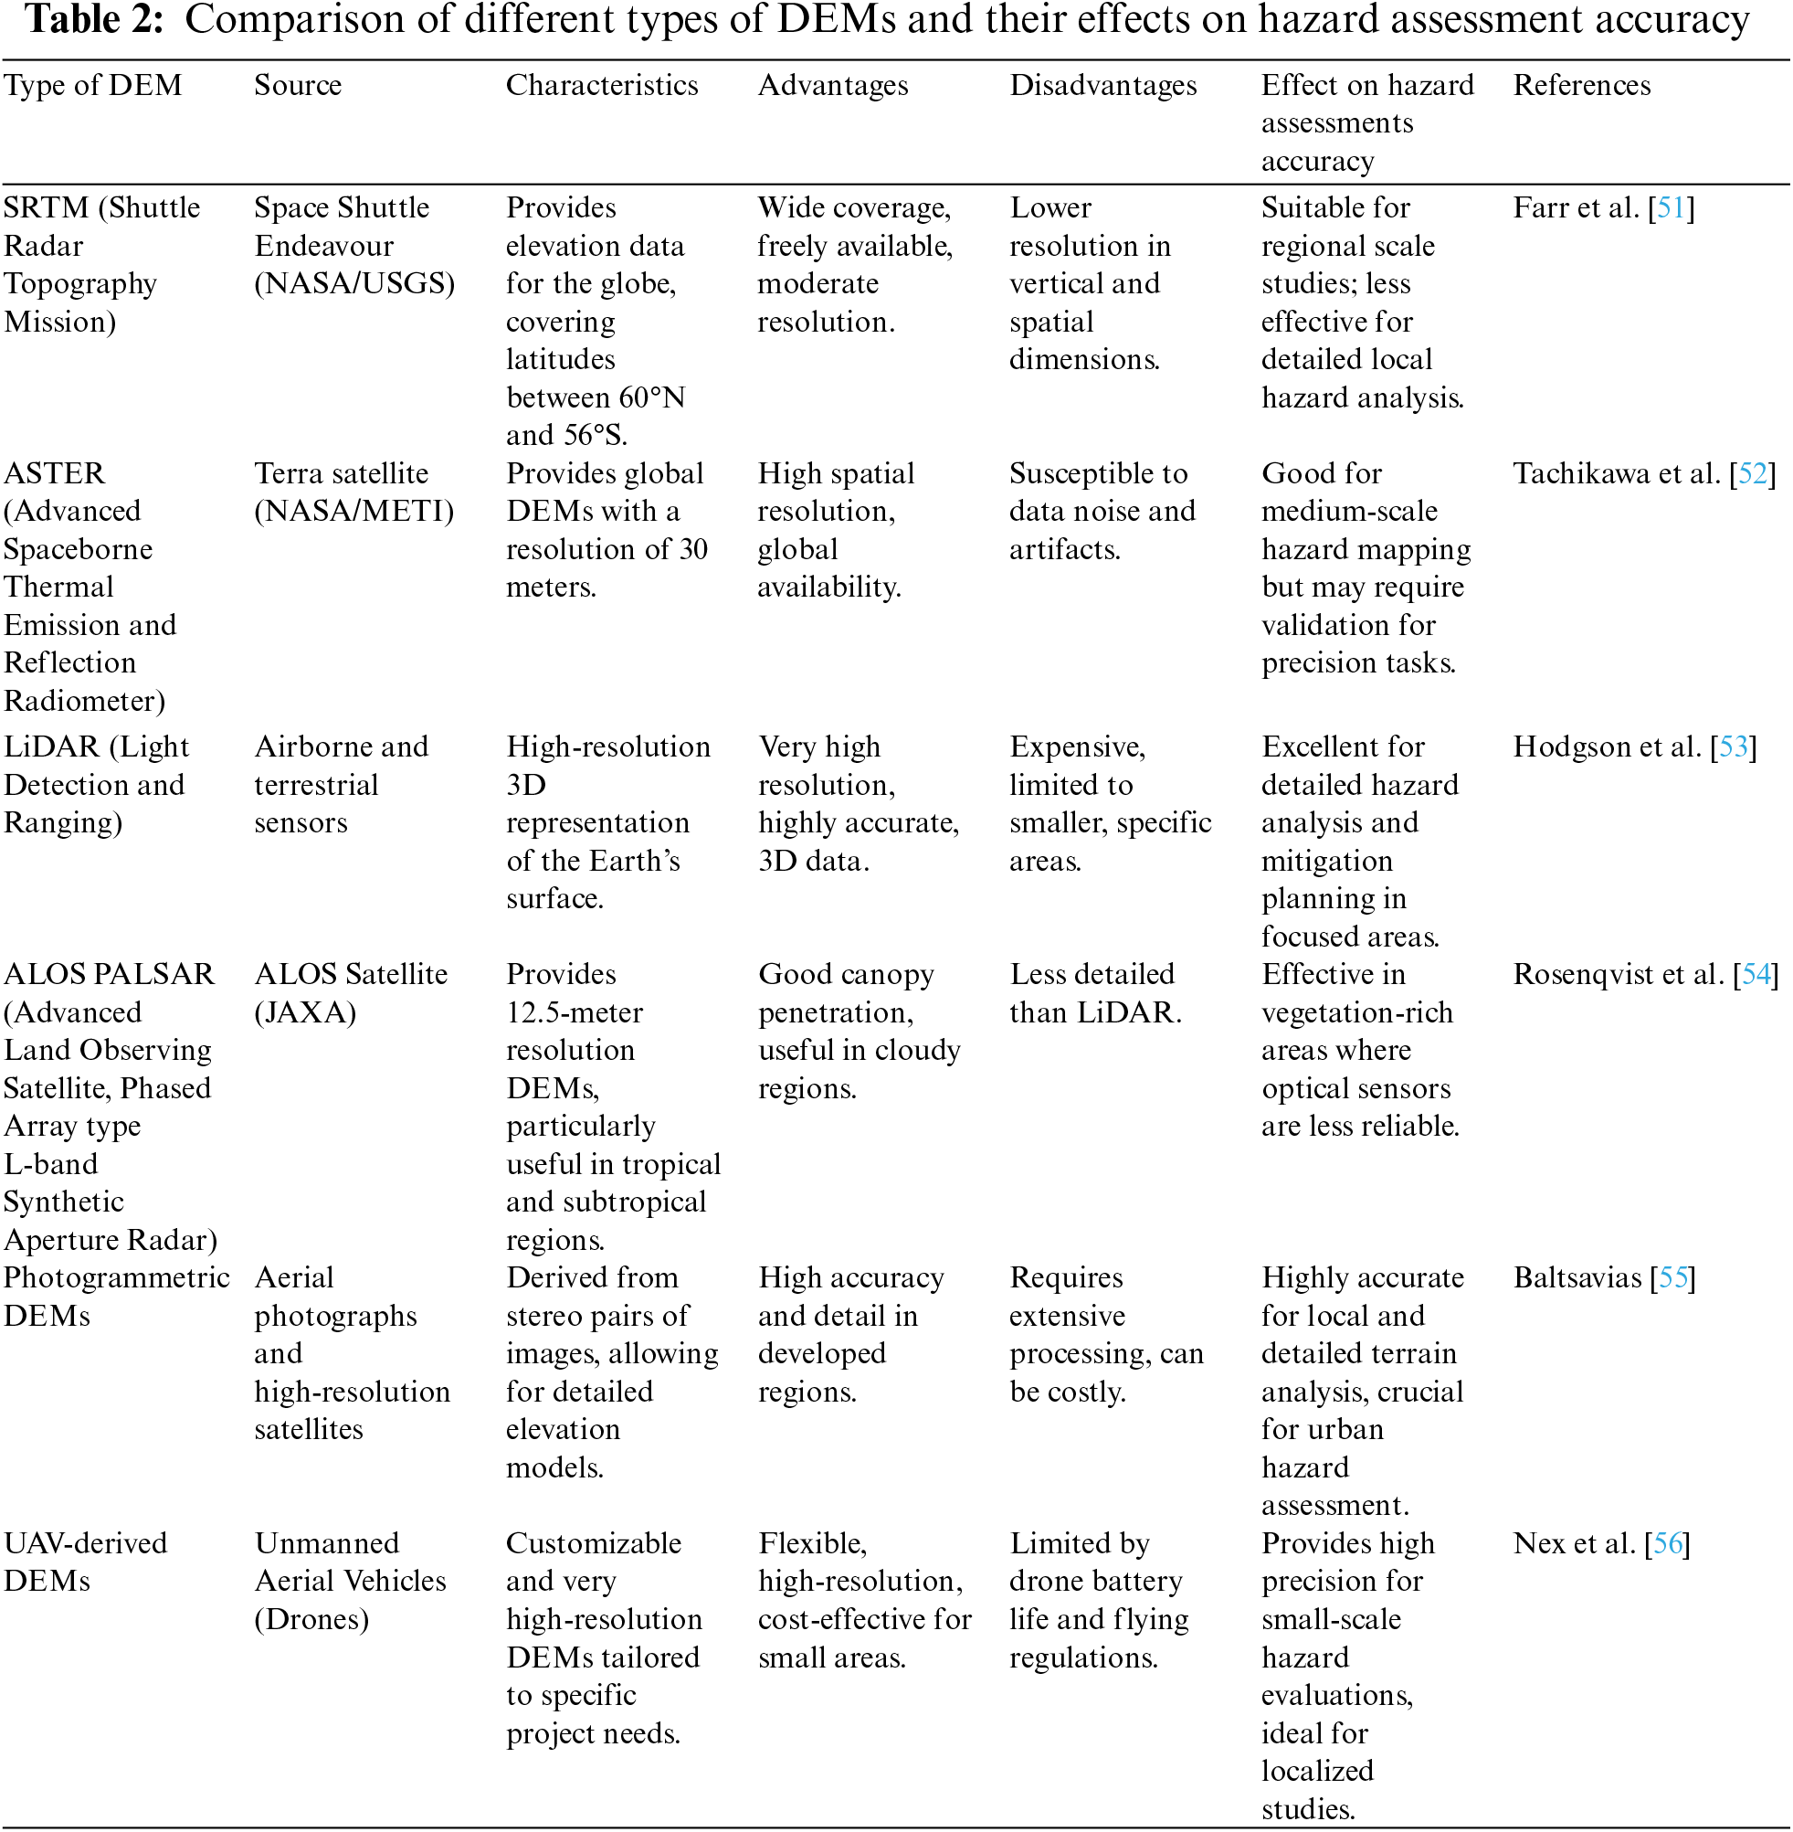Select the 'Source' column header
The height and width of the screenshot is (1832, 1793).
coord(298,86)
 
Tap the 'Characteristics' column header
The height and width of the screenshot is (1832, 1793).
coord(602,86)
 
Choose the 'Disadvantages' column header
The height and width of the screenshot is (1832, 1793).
coord(1102,86)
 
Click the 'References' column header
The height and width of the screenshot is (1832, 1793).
coord(1581,86)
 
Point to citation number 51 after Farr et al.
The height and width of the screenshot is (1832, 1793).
coord(1671,208)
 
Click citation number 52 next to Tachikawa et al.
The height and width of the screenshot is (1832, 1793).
coord(1753,474)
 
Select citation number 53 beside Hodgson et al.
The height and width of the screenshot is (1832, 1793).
coord(1733,747)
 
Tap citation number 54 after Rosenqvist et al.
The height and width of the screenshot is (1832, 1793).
coord(1756,975)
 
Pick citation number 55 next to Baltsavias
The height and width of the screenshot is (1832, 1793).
coord(1672,1278)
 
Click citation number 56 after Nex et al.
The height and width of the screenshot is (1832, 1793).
coord(1667,1544)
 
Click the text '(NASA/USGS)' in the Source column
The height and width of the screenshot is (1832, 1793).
coord(354,283)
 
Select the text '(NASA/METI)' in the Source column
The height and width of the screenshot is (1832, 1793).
coord(354,512)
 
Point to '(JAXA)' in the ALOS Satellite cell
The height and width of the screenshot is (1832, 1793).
coord(305,1012)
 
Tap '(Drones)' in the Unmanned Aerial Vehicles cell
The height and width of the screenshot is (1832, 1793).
coord(311,1619)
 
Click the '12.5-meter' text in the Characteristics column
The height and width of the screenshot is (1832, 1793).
coord(575,1012)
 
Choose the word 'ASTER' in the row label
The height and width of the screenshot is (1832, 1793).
coord(55,474)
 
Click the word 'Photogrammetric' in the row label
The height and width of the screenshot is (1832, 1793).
coord(116,1278)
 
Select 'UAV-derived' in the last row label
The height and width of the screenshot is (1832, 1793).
coord(86,1544)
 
